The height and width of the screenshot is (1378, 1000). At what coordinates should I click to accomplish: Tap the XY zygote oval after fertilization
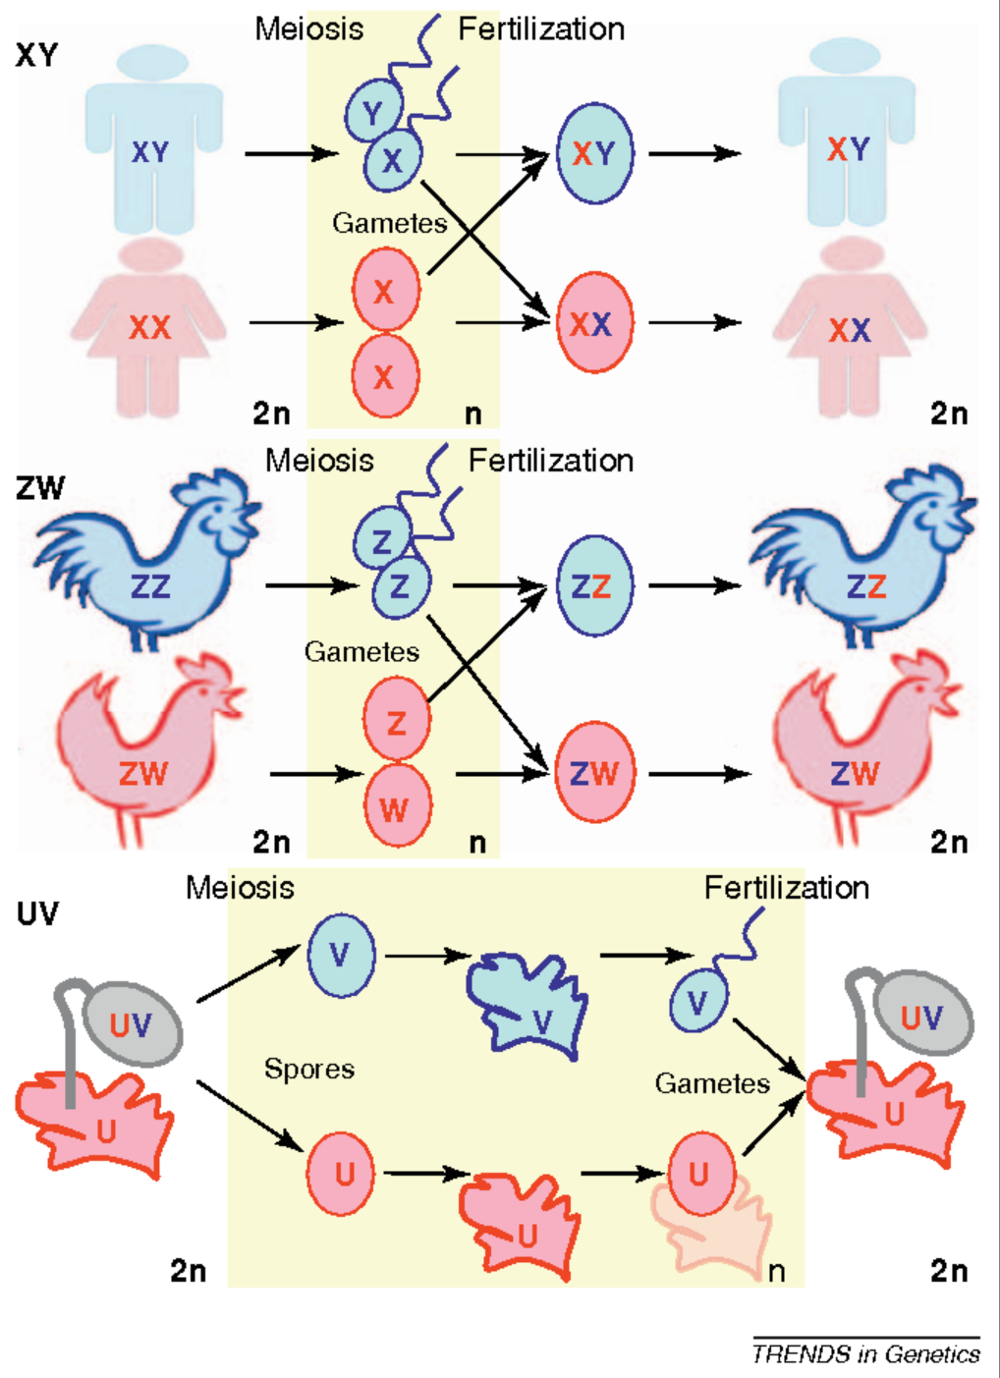click(594, 153)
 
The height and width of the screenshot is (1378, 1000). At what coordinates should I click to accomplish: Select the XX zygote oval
click(592, 323)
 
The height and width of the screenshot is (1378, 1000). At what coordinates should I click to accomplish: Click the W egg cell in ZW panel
click(397, 808)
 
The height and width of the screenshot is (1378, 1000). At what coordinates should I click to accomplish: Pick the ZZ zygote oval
click(593, 586)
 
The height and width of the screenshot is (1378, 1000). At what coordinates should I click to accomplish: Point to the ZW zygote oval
click(594, 772)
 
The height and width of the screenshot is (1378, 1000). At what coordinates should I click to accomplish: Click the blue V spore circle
click(341, 955)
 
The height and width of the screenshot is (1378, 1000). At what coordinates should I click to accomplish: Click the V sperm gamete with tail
click(698, 1002)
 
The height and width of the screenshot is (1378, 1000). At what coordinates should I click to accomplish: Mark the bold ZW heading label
click(39, 488)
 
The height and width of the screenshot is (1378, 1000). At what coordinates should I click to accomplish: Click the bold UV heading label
click(37, 913)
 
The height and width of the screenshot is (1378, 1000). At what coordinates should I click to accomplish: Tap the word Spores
click(309, 1069)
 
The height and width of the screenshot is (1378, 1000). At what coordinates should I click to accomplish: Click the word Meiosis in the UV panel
click(241, 888)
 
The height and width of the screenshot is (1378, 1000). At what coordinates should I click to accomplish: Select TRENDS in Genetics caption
click(865, 1354)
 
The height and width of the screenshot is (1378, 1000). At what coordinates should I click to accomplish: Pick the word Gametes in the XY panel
click(389, 223)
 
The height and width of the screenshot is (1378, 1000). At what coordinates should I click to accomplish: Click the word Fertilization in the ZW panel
click(550, 460)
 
